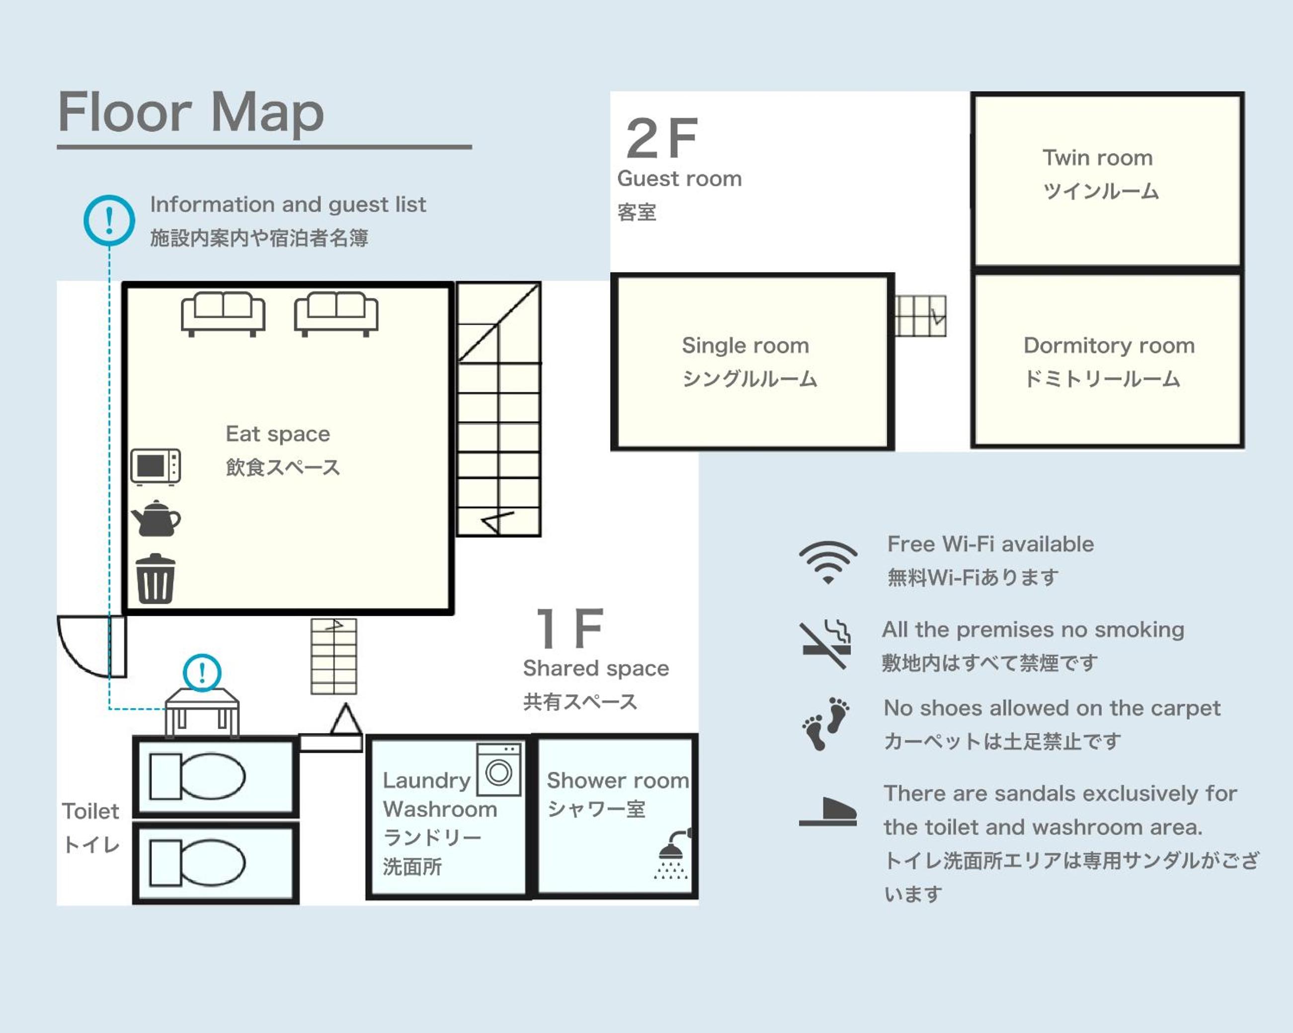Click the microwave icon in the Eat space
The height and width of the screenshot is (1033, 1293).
156,466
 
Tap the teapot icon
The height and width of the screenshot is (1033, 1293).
156,518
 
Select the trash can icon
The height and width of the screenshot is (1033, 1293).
156,578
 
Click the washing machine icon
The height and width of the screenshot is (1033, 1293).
498,770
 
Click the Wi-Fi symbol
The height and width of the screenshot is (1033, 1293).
828,562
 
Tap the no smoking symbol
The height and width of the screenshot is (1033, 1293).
826,645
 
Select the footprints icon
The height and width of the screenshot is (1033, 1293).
826,724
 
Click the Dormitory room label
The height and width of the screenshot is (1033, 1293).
1109,346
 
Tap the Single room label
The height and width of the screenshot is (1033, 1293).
745,346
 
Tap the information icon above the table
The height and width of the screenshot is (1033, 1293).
202,672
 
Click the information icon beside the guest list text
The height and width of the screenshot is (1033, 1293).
109,221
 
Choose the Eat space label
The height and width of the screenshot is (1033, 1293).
278,434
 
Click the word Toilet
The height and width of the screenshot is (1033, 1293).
90,811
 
